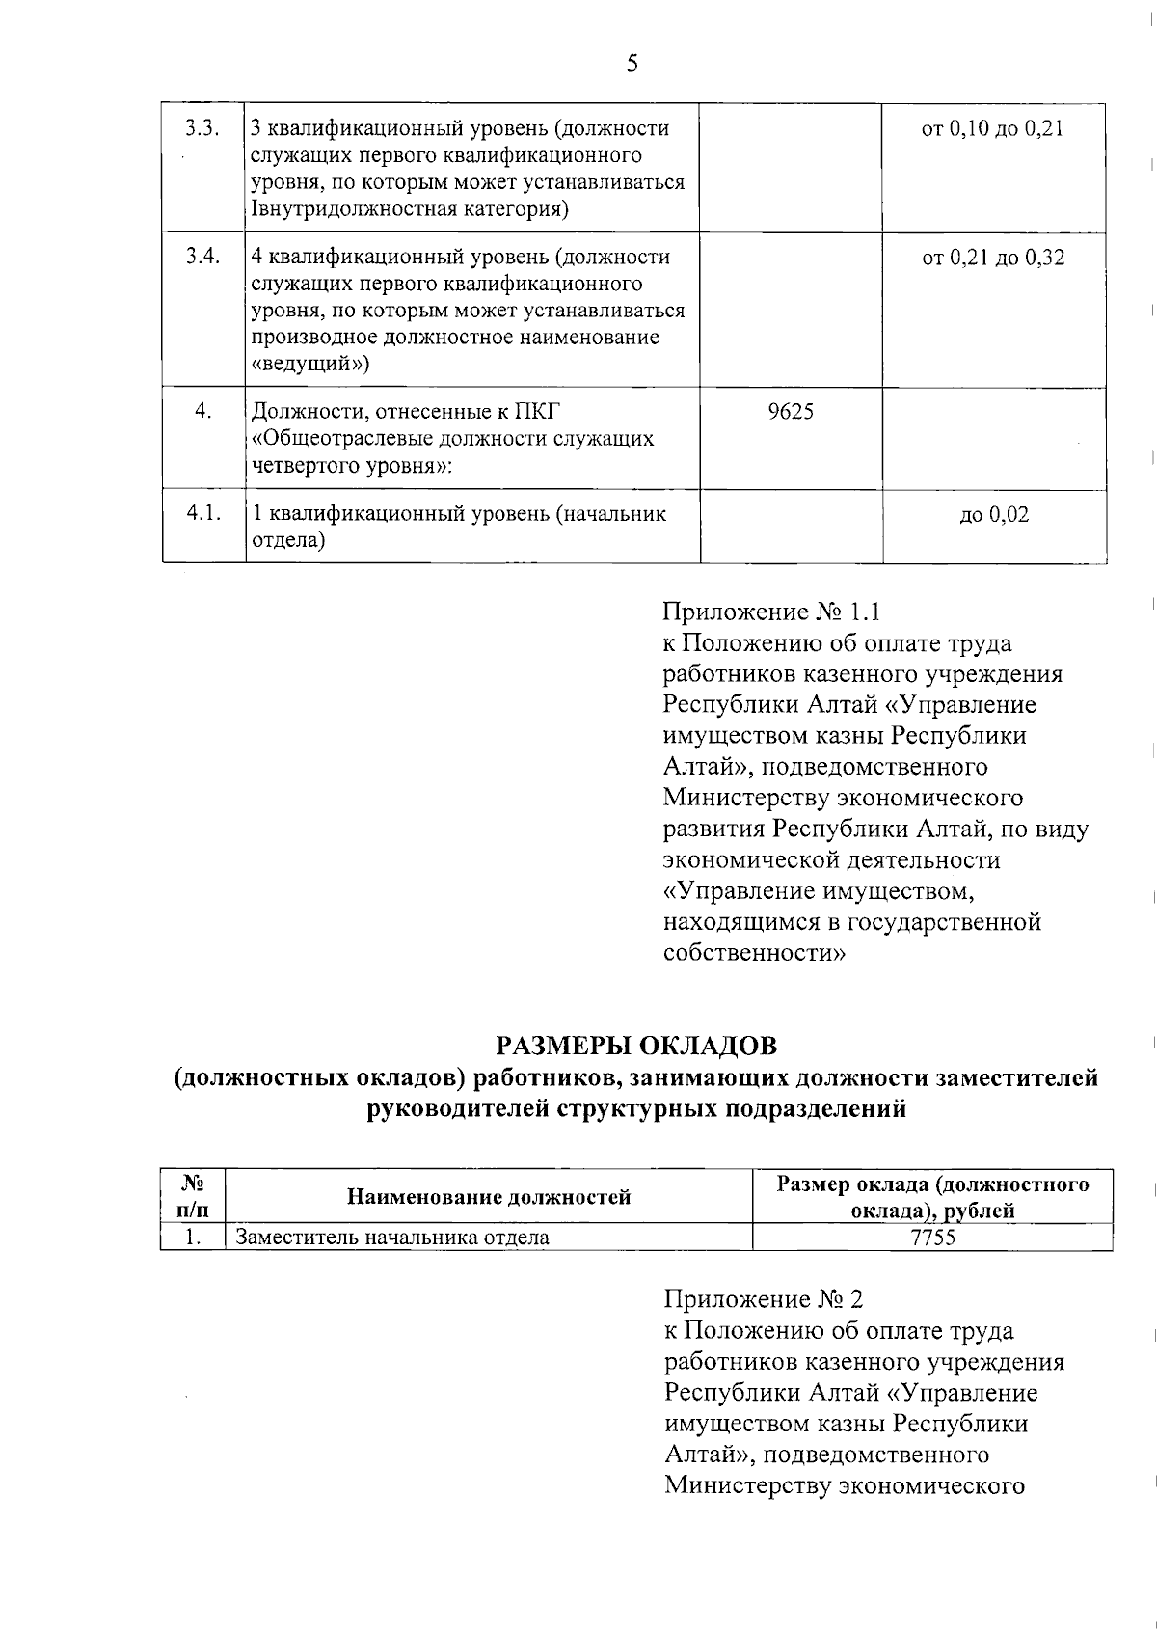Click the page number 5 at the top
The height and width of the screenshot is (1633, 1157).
pos(632,65)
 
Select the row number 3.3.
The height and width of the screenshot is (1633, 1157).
pos(202,128)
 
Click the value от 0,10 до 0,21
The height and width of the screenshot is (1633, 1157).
pos(992,129)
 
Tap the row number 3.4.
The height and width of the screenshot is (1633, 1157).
pos(202,257)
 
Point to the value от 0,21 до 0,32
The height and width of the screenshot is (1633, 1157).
pos(993,258)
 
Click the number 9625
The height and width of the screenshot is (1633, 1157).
pos(790,413)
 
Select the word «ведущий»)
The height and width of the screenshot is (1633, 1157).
pos(309,364)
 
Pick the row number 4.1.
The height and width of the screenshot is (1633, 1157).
pos(203,513)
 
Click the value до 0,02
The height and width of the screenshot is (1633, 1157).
pos(994,515)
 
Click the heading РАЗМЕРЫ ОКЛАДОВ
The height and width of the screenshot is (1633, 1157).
pos(636,1046)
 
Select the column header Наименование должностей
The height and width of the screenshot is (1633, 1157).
pos(489,1197)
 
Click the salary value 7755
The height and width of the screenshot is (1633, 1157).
pos(932,1238)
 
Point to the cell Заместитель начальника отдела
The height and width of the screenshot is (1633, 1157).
pos(393,1238)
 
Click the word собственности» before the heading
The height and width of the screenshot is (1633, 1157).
pos(755,953)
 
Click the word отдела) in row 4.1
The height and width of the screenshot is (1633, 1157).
pos(288,540)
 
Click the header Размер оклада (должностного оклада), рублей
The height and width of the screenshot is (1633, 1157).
pos(932,1197)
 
